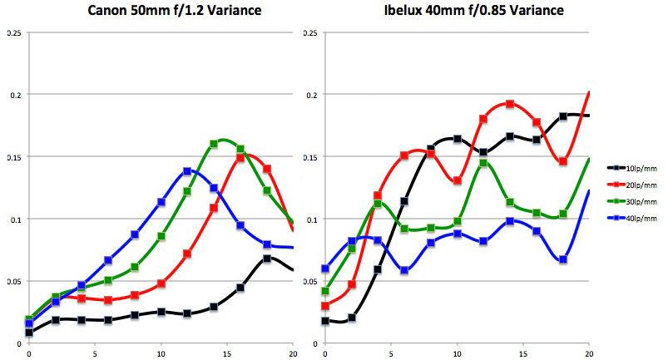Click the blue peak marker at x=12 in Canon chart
click(187, 171)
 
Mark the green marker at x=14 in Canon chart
click(214, 144)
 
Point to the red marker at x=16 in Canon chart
click(240, 157)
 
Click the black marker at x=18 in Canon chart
click(267, 259)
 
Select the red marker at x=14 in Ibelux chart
click(510, 104)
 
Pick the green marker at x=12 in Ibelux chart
click(483, 163)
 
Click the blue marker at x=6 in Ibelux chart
click(404, 270)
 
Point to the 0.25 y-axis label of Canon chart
click(14, 33)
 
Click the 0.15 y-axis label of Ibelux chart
click(310, 157)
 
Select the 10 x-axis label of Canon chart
click(161, 353)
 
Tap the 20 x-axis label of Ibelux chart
click(589, 353)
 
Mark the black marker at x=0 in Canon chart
click(29, 333)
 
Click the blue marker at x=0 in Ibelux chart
click(324, 269)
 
